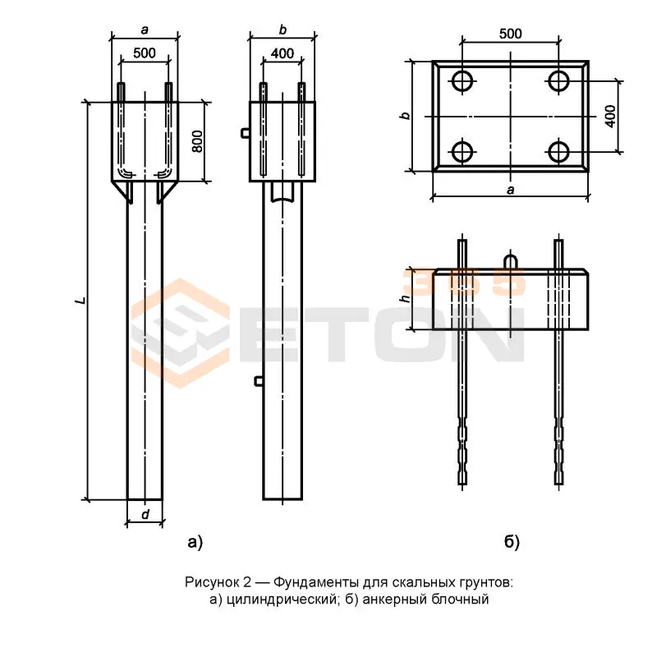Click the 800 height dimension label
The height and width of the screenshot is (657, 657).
coord(197,141)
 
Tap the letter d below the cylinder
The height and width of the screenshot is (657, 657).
coord(145,514)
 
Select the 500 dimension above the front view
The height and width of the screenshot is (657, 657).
coord(145,53)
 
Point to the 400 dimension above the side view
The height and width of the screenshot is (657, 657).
coord(282,53)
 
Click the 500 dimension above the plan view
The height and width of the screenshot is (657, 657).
coord(510,34)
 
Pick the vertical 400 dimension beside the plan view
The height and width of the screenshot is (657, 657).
coord(610,116)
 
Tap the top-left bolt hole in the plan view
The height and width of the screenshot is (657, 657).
coord(462,80)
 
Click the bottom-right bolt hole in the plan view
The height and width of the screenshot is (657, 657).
coord(558,152)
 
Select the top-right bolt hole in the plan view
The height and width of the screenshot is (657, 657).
coord(558,80)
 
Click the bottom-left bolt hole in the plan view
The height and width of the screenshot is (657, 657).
coord(462,152)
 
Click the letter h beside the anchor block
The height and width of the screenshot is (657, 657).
coord(405,298)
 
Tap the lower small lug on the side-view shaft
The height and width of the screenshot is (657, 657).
coord(259,381)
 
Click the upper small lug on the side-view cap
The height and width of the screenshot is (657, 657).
coord(246,133)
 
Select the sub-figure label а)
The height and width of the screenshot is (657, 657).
coord(195,542)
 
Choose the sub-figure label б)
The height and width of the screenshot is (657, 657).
coord(512,542)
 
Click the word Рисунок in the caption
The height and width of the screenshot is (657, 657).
coord(212,582)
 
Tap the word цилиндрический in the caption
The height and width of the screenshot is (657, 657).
coord(282,600)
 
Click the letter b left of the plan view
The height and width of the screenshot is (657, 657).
coord(405,115)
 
